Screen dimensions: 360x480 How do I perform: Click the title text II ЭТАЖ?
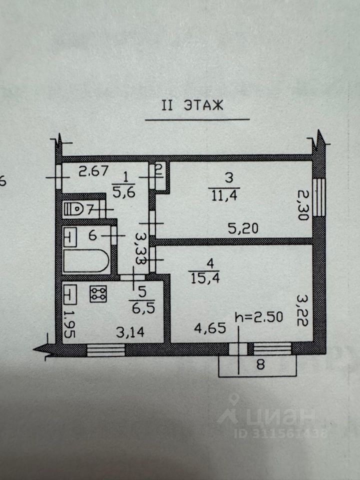click(192, 105)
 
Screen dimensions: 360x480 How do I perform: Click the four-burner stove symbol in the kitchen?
click(98, 294)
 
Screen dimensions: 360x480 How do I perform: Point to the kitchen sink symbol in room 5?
click(70, 294)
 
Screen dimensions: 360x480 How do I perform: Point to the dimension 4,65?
click(210, 329)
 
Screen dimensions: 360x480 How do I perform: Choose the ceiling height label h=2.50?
click(259, 317)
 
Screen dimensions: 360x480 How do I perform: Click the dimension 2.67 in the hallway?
click(93, 172)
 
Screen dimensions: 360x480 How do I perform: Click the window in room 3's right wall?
click(320, 199)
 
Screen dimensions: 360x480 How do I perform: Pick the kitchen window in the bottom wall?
click(105, 349)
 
